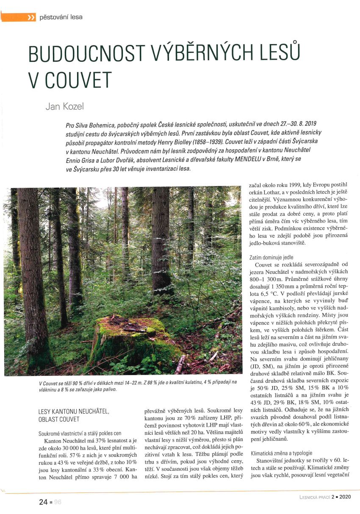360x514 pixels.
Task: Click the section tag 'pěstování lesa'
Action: coord(61,17)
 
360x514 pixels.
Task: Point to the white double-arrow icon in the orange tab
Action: coord(30,18)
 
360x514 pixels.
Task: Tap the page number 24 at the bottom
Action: coord(43,502)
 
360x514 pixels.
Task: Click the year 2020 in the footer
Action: coord(344,497)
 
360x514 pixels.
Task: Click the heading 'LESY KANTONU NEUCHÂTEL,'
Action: coord(74,411)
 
